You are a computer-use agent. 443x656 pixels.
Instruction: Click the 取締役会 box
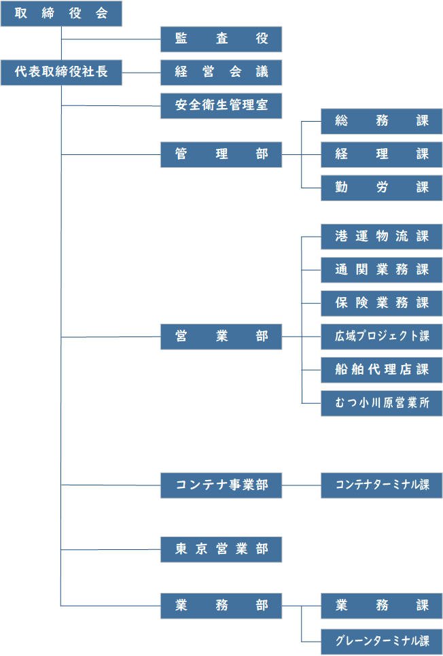pos(61,14)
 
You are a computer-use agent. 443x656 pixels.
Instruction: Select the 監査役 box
pos(221,39)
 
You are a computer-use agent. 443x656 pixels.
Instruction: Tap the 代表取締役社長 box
pos(61,72)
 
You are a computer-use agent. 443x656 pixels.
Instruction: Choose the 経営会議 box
pos(221,72)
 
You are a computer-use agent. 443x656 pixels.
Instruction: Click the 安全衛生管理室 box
pos(221,105)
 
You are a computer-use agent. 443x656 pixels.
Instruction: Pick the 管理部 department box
pos(221,154)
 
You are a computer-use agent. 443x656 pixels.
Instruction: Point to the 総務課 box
pos(381,121)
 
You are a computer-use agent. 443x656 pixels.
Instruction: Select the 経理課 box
pos(381,154)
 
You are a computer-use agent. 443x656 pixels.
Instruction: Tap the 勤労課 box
pos(381,188)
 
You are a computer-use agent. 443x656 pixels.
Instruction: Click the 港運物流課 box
pos(381,237)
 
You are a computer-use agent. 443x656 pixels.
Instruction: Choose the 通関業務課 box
pos(381,270)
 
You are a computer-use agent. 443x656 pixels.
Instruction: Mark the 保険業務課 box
pos(381,303)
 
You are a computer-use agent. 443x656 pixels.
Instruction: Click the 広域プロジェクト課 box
pos(381,336)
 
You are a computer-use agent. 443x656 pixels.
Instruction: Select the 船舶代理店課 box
pos(381,370)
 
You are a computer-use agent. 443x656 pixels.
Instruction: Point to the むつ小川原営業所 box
pos(381,403)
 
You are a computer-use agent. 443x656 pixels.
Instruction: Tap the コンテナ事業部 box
pos(221,485)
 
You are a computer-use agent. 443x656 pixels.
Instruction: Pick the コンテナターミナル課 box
pos(381,485)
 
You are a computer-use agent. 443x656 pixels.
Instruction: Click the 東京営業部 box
pos(221,549)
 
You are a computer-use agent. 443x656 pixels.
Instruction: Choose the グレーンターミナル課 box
pos(381,641)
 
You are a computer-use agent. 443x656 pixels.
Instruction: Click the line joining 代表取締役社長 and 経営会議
pos(141,73)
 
